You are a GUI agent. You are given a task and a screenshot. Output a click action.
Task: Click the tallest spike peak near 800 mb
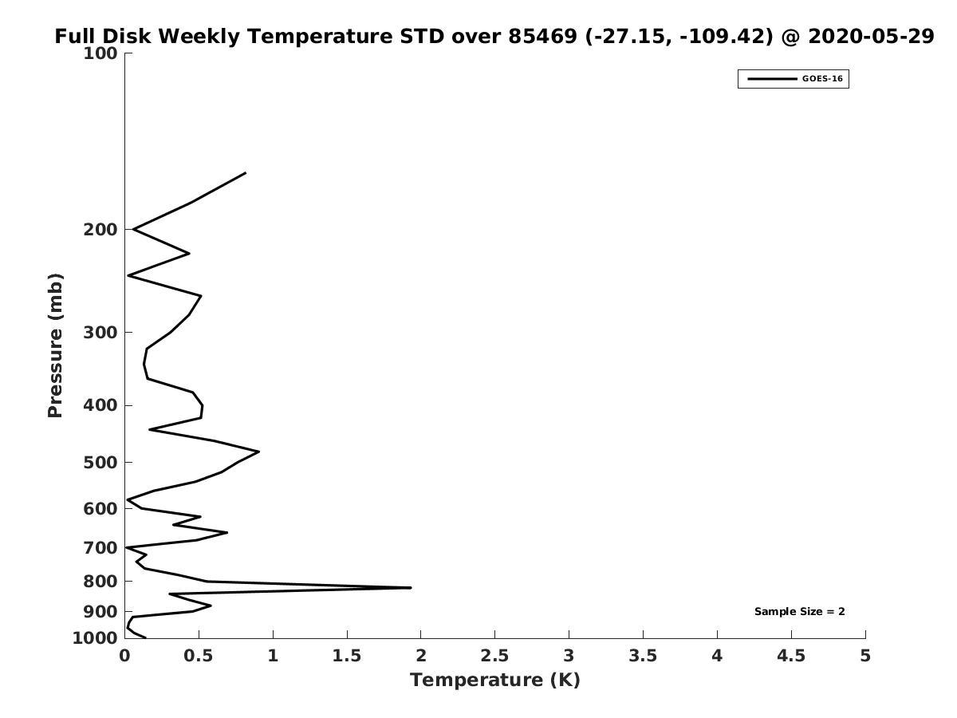(410, 588)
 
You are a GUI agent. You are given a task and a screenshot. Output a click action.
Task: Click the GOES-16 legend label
(822, 79)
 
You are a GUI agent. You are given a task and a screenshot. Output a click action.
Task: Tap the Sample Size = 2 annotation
(800, 612)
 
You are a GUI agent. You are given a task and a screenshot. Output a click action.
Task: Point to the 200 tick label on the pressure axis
(100, 229)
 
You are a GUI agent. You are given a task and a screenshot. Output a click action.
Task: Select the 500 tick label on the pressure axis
(100, 462)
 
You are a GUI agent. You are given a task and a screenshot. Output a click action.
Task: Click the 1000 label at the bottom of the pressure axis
(95, 638)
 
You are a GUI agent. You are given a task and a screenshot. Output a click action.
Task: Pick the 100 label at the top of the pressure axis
(100, 53)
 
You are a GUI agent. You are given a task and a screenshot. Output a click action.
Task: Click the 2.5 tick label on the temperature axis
(495, 656)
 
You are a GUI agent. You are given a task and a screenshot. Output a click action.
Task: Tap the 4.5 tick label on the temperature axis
(791, 656)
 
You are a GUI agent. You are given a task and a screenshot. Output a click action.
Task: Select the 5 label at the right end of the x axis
(865, 656)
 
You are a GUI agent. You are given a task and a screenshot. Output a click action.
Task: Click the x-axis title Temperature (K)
(495, 680)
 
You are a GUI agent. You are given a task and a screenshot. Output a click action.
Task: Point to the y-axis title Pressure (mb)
(55, 345)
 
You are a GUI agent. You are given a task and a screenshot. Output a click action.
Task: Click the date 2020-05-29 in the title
(871, 36)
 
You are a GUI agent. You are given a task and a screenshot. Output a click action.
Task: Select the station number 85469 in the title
(543, 36)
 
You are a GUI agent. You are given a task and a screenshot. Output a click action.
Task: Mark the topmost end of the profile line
(246, 173)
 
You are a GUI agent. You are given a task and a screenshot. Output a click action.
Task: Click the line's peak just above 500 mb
(259, 452)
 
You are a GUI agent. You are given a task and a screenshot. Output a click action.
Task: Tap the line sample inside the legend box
(772, 79)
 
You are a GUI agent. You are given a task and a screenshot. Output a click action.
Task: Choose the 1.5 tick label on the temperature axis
(347, 656)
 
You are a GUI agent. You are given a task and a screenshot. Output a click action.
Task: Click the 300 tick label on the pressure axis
(100, 332)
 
